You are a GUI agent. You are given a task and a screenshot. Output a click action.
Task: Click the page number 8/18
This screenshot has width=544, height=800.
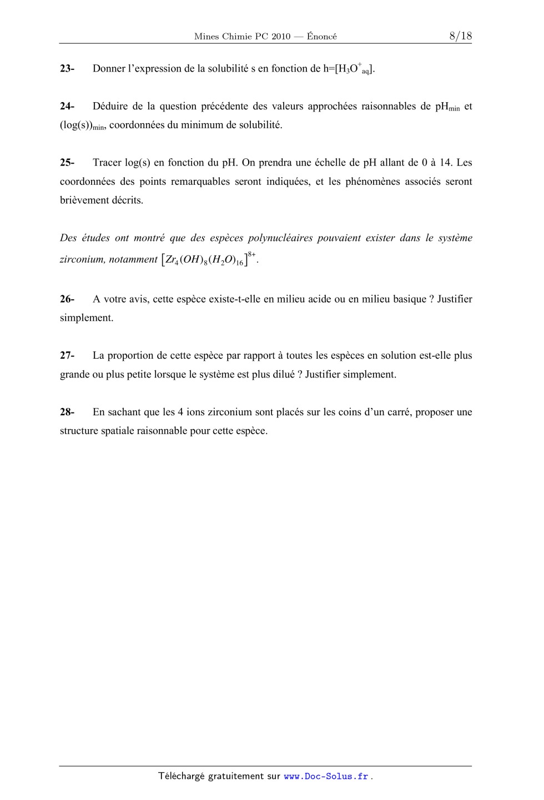(x=460, y=36)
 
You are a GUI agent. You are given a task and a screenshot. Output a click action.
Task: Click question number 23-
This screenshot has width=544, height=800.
(x=67, y=69)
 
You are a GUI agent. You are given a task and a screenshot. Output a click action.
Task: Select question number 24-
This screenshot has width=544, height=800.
(x=67, y=106)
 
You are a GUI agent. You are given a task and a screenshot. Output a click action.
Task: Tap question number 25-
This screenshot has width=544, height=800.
(x=67, y=163)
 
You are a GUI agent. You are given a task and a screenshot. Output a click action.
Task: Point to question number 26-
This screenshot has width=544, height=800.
(x=67, y=299)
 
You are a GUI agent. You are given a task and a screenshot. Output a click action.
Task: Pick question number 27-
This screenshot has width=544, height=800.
(x=67, y=355)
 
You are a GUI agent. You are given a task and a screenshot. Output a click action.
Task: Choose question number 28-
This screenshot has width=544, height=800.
(x=67, y=412)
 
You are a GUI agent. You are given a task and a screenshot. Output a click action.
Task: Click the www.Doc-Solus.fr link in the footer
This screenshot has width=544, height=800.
(x=326, y=777)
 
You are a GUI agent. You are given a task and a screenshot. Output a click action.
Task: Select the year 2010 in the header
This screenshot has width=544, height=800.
(x=281, y=37)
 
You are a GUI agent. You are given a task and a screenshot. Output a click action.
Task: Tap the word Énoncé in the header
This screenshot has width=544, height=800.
(x=322, y=37)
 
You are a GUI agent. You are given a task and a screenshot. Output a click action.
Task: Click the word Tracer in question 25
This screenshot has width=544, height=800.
(x=107, y=163)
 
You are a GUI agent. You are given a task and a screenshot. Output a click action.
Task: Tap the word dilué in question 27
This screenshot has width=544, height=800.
(x=283, y=374)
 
